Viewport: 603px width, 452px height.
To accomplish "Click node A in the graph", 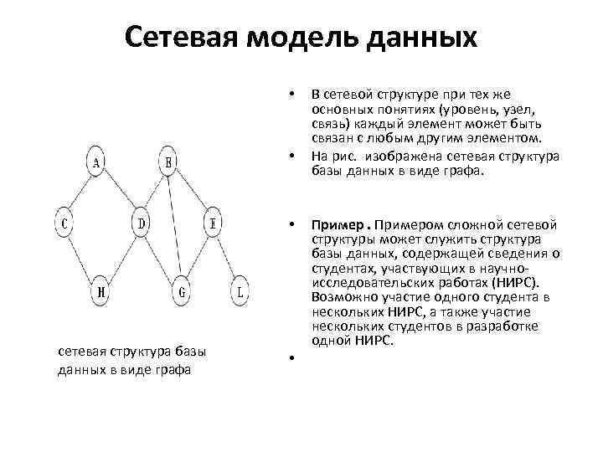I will point(97,163).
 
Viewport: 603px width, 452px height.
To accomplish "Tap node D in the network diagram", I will point(142,224).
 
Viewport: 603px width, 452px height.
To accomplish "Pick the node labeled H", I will point(100,291).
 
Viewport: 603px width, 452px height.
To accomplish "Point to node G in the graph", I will point(183,291).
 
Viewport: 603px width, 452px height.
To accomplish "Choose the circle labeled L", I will point(241,291).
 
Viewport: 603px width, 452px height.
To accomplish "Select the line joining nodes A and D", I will point(120,194).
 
